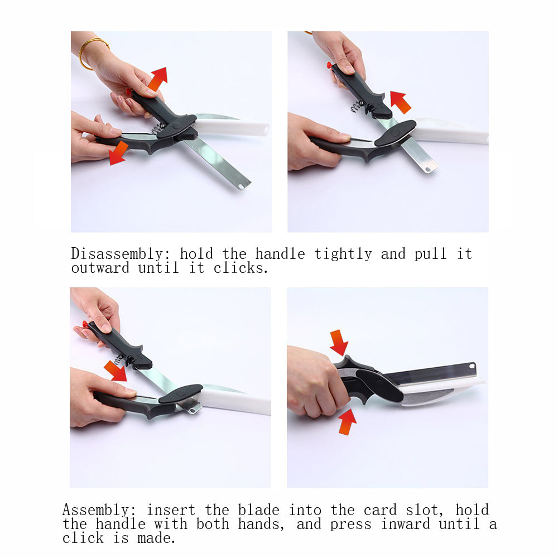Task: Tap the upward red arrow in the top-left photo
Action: [158, 78]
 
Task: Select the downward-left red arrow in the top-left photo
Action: [118, 153]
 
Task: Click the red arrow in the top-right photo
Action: [400, 102]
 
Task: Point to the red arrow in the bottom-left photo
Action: [116, 371]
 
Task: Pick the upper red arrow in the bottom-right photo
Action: [339, 342]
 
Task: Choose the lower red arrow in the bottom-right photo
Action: [347, 421]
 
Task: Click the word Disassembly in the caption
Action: [116, 254]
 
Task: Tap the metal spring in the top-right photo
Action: [357, 104]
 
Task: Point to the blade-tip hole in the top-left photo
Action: [240, 185]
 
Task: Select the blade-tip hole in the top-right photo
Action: [428, 167]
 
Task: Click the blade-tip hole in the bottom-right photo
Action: [472, 367]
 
